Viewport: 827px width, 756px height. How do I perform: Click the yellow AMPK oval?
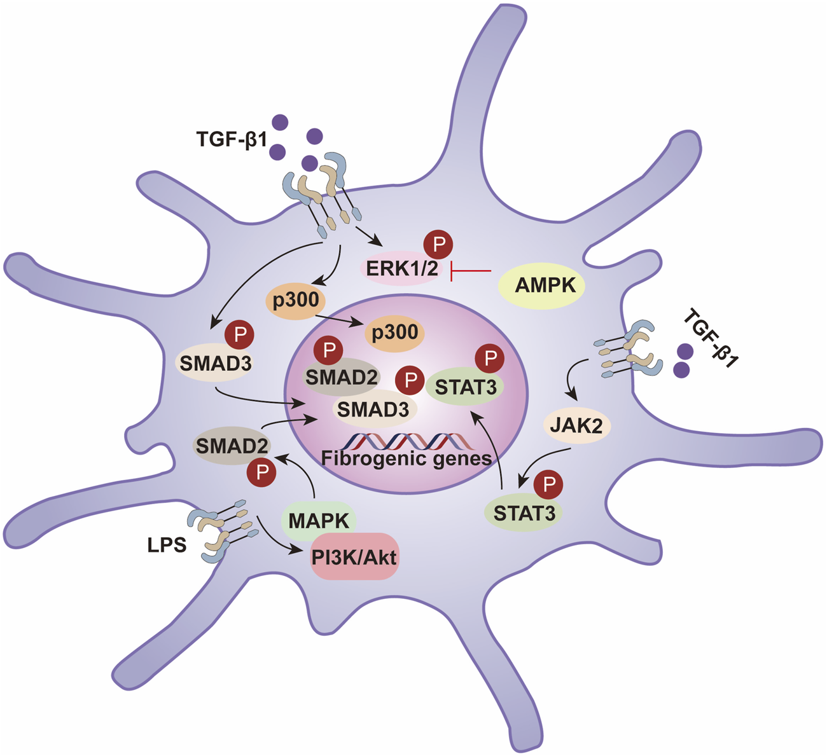tap(545, 285)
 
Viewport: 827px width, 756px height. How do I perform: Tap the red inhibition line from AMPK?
tap(471, 271)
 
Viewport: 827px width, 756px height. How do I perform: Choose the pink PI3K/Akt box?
tap(354, 557)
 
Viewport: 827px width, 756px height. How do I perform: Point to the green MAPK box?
tap(319, 521)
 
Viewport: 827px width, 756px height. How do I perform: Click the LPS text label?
tap(167, 545)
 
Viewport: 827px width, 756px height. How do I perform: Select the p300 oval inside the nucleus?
tap(394, 332)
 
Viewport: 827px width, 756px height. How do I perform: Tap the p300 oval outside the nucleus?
tap(296, 299)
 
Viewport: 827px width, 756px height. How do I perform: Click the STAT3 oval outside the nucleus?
tap(524, 513)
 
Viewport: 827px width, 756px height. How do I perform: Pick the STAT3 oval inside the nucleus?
tap(466, 387)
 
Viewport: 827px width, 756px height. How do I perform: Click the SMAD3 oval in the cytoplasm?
tap(214, 363)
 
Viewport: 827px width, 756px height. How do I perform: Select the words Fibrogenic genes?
tap(406, 458)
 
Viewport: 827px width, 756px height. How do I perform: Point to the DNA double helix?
tap(407, 440)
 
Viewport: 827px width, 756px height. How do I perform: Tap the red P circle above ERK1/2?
tap(438, 244)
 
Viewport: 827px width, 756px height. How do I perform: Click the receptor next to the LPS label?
tap(223, 531)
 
